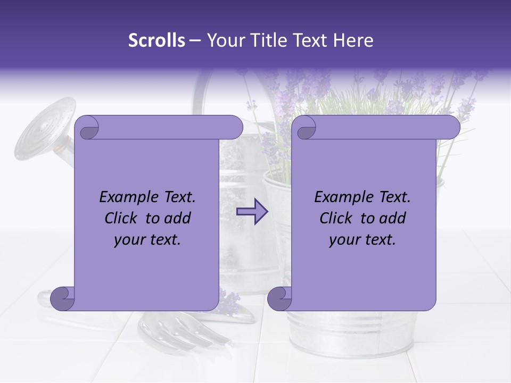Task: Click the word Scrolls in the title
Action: coord(157,40)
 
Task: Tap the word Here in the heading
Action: coord(353,40)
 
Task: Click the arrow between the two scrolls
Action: coord(252,212)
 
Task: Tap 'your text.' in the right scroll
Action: coord(362,240)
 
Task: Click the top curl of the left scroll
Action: coord(87,128)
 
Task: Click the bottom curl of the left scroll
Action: coord(62,299)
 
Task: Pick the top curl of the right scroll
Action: coord(305,128)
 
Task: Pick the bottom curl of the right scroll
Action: coord(279,299)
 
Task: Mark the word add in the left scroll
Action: coord(178,218)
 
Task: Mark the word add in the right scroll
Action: coord(393,218)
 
